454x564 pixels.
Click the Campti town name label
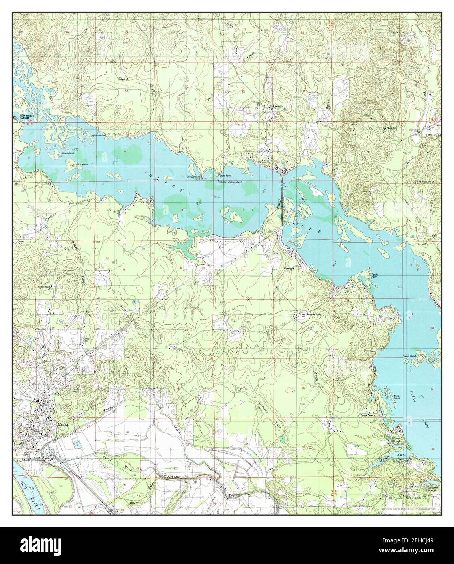coord(58,424)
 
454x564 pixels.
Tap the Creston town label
coord(277,106)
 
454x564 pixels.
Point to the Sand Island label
coord(396,397)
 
